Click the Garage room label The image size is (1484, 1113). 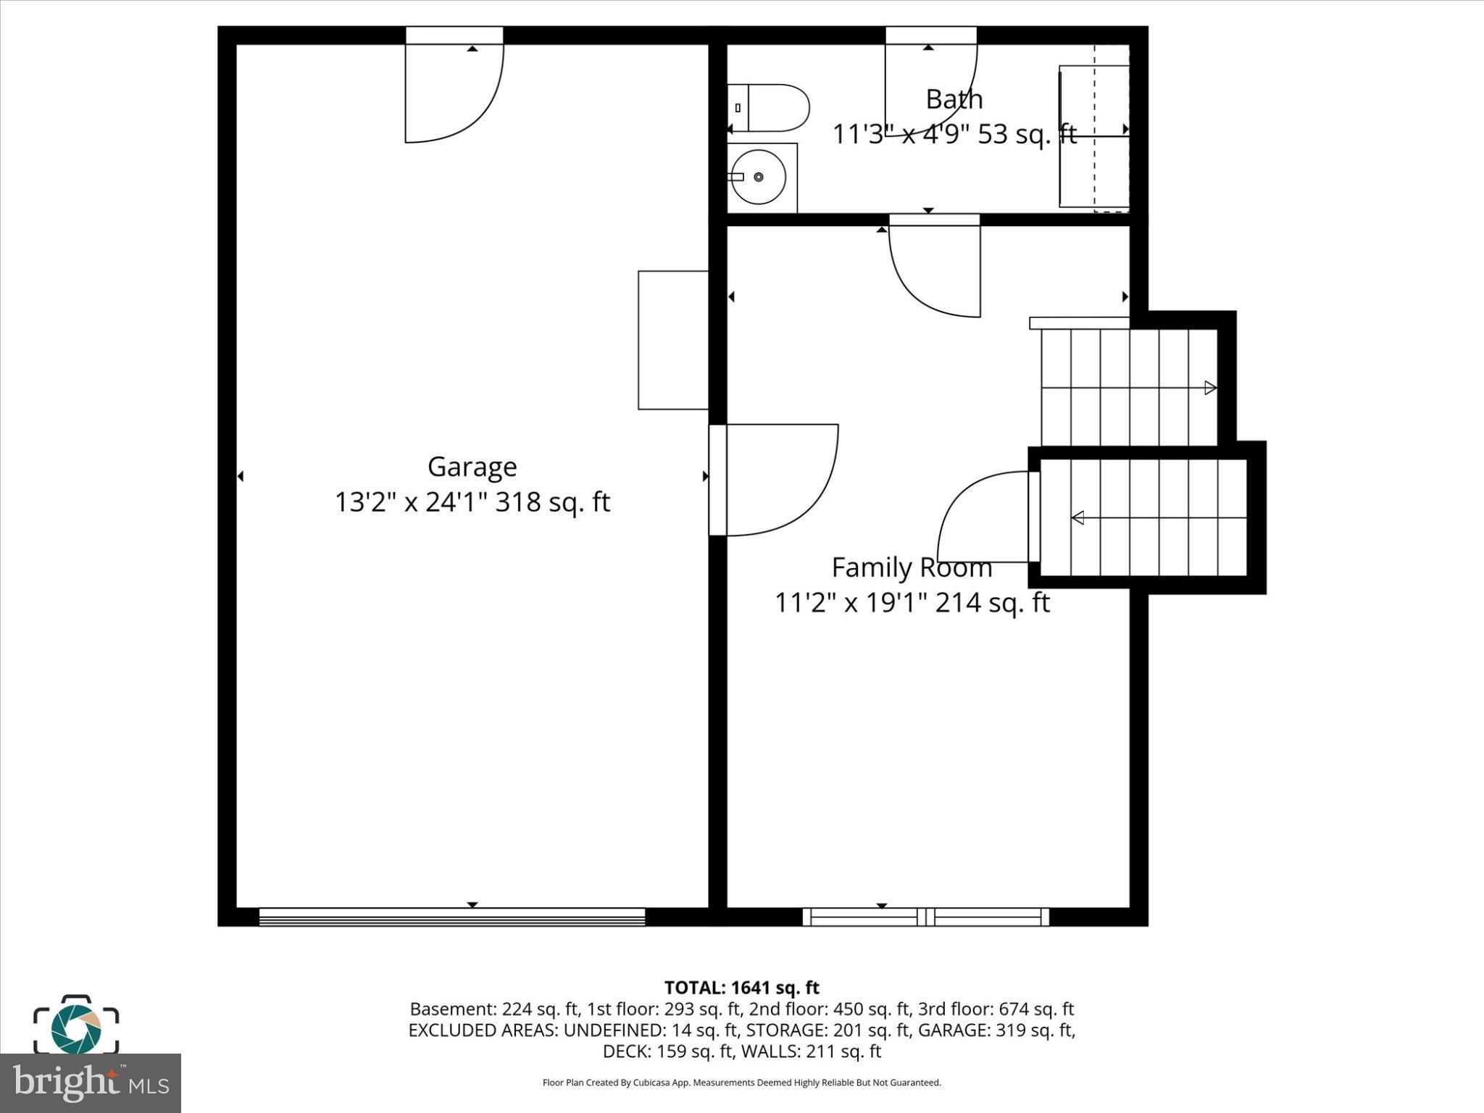[472, 467]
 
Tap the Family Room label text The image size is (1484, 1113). [912, 567]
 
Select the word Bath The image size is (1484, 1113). [954, 99]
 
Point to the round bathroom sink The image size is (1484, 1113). [759, 177]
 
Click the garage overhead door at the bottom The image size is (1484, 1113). [451, 917]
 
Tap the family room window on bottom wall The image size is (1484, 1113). [925, 917]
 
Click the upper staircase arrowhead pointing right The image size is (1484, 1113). [1209, 388]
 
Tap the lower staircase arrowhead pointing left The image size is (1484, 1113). [1078, 517]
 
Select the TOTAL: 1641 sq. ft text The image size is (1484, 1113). [741, 988]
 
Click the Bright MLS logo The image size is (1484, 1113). [91, 1083]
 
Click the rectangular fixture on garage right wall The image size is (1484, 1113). [672, 340]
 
